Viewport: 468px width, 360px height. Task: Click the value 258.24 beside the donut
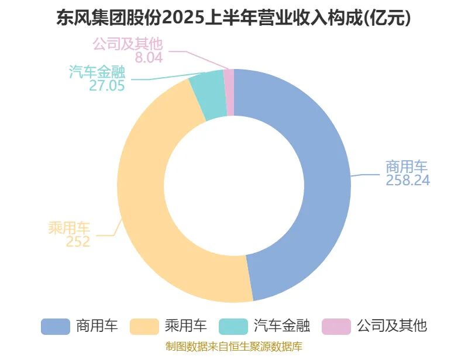click(408, 181)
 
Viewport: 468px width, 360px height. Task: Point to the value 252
click(78, 241)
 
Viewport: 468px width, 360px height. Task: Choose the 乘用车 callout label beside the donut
click(69, 228)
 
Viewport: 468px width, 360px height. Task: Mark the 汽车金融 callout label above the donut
click(97, 71)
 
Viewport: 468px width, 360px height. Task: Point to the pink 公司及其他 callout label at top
click(128, 43)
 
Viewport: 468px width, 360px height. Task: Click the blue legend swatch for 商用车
click(56, 326)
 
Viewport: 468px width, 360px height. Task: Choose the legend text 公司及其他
click(392, 326)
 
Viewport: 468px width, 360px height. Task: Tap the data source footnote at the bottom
click(234, 347)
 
